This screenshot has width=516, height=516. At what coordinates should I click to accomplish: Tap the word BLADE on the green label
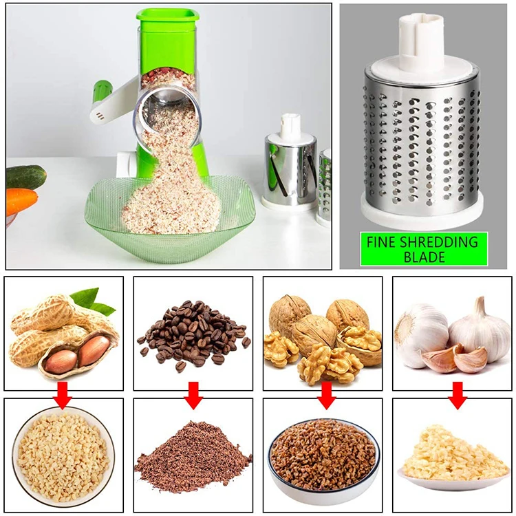[x=424, y=257]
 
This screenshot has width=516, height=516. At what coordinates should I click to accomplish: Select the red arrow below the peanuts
[x=63, y=396]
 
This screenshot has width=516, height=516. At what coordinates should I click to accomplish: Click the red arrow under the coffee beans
[x=193, y=396]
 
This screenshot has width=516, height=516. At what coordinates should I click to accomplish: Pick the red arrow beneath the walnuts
[x=325, y=396]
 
